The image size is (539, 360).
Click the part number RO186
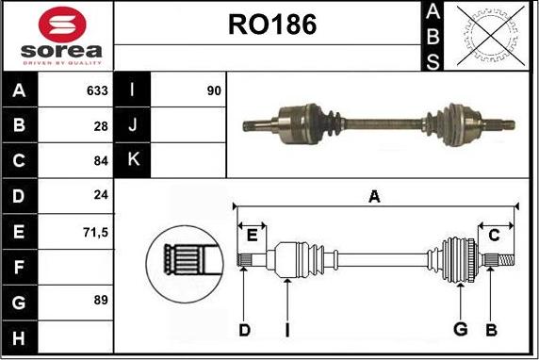click(x=272, y=25)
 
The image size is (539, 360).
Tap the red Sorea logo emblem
click(x=62, y=25)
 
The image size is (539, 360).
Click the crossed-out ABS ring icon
click(x=491, y=36)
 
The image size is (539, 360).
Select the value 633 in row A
click(x=97, y=90)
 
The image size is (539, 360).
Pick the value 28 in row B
click(x=101, y=126)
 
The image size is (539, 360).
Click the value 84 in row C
click(x=101, y=160)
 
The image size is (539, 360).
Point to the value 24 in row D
click(x=101, y=195)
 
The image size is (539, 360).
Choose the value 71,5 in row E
click(x=95, y=233)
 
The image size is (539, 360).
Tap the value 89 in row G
click(x=101, y=300)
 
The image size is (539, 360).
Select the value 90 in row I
click(x=214, y=90)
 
